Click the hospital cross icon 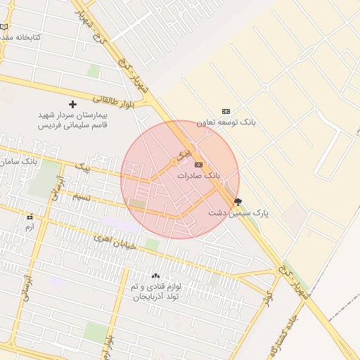72,104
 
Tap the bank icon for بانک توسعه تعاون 226,111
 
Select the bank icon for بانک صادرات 198,165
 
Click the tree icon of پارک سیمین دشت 238,201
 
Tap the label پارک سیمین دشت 238,212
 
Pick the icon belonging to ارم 30,217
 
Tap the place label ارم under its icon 30,227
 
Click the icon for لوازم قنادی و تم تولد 155,276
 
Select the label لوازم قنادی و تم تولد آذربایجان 155,292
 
